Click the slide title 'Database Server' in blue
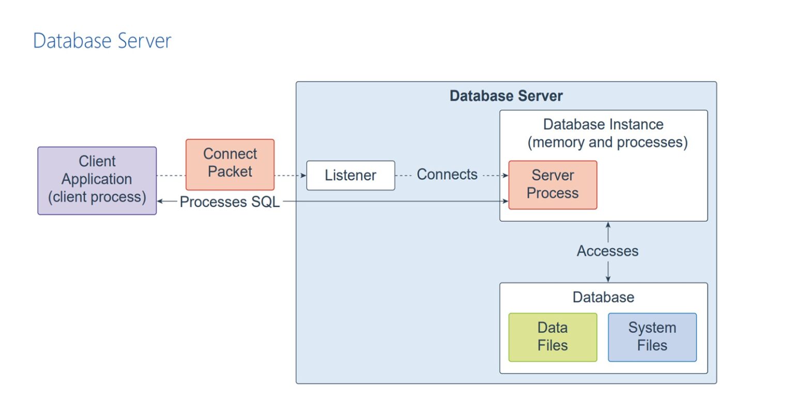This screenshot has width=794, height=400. tap(102, 41)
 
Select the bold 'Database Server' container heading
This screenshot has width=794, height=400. tap(506, 96)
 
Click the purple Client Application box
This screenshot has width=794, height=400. tap(97, 180)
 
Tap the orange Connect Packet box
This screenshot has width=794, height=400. tap(230, 164)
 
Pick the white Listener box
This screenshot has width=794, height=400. tap(350, 175)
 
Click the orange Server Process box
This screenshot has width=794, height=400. tap(553, 184)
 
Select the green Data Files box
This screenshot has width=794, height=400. tap(553, 336)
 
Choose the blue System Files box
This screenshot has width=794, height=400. tap(652, 336)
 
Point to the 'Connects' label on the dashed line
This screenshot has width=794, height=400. tap(447, 175)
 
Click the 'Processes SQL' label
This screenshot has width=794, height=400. tap(230, 202)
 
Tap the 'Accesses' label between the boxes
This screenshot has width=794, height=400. tap(607, 251)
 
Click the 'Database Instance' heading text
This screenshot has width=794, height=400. tap(603, 125)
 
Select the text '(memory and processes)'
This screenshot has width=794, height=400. tap(607, 143)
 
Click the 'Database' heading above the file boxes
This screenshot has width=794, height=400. tap(603, 297)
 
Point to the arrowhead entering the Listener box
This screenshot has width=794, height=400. tap(303, 176)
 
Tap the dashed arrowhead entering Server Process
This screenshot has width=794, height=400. tap(506, 176)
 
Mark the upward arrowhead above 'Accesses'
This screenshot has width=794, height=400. tap(608, 225)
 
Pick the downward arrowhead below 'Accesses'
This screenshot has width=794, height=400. tap(608, 279)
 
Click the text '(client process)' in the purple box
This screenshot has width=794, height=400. tap(97, 197)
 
